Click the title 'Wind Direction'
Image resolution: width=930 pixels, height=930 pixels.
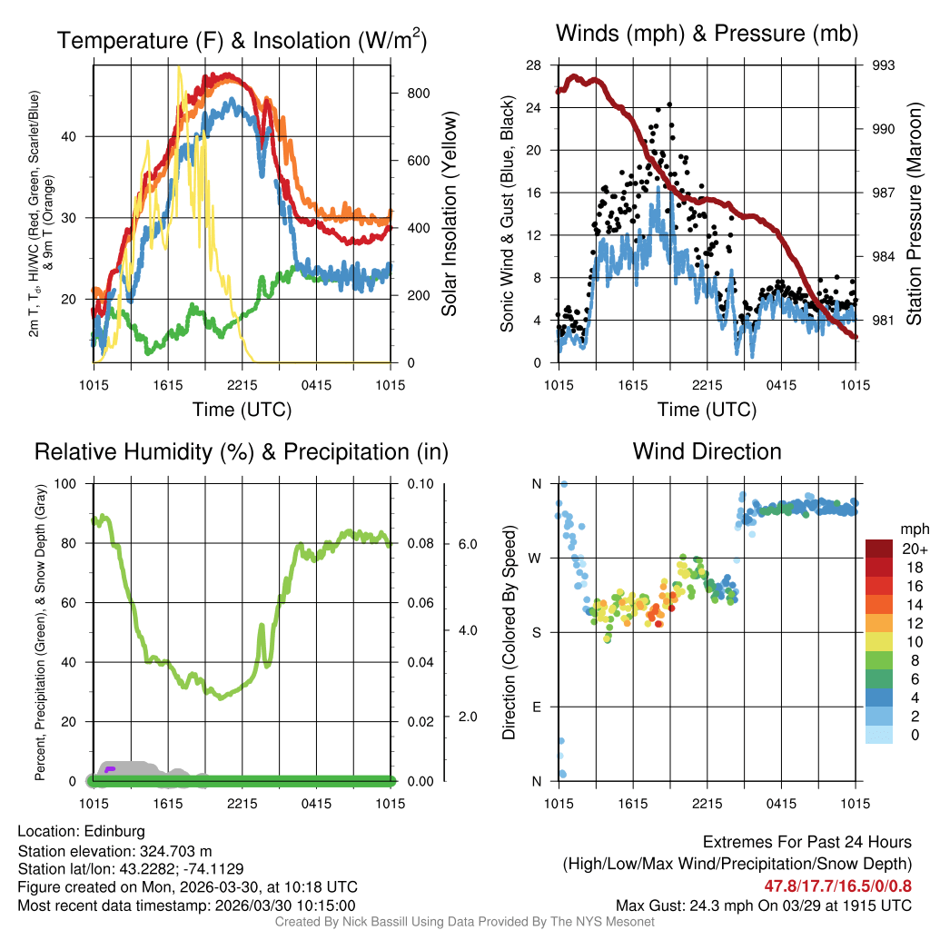point(707,451)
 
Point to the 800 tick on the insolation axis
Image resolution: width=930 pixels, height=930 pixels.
point(405,94)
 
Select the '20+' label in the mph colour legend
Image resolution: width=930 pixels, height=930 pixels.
point(914,549)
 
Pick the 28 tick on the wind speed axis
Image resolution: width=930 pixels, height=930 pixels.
point(534,65)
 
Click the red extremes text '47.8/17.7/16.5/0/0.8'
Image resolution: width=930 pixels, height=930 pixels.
point(837,886)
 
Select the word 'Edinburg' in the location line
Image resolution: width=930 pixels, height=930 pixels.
point(114,831)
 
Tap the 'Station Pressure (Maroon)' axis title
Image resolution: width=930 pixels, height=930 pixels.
point(915,214)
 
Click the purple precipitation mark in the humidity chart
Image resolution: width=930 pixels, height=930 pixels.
point(110,769)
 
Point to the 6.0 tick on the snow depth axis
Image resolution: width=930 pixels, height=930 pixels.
point(468,544)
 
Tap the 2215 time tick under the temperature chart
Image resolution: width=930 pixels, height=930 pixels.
point(242,385)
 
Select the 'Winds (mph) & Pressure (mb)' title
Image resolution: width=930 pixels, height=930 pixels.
point(707,35)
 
